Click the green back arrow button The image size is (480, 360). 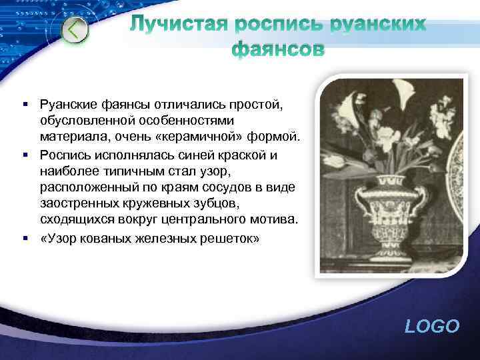pos(75,30)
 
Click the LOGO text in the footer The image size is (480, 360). pos(432,326)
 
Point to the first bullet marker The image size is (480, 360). pos(24,104)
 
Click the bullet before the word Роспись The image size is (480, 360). pos(24,155)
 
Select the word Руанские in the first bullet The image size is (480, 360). pos(69,104)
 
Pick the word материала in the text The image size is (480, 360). pos(69,138)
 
